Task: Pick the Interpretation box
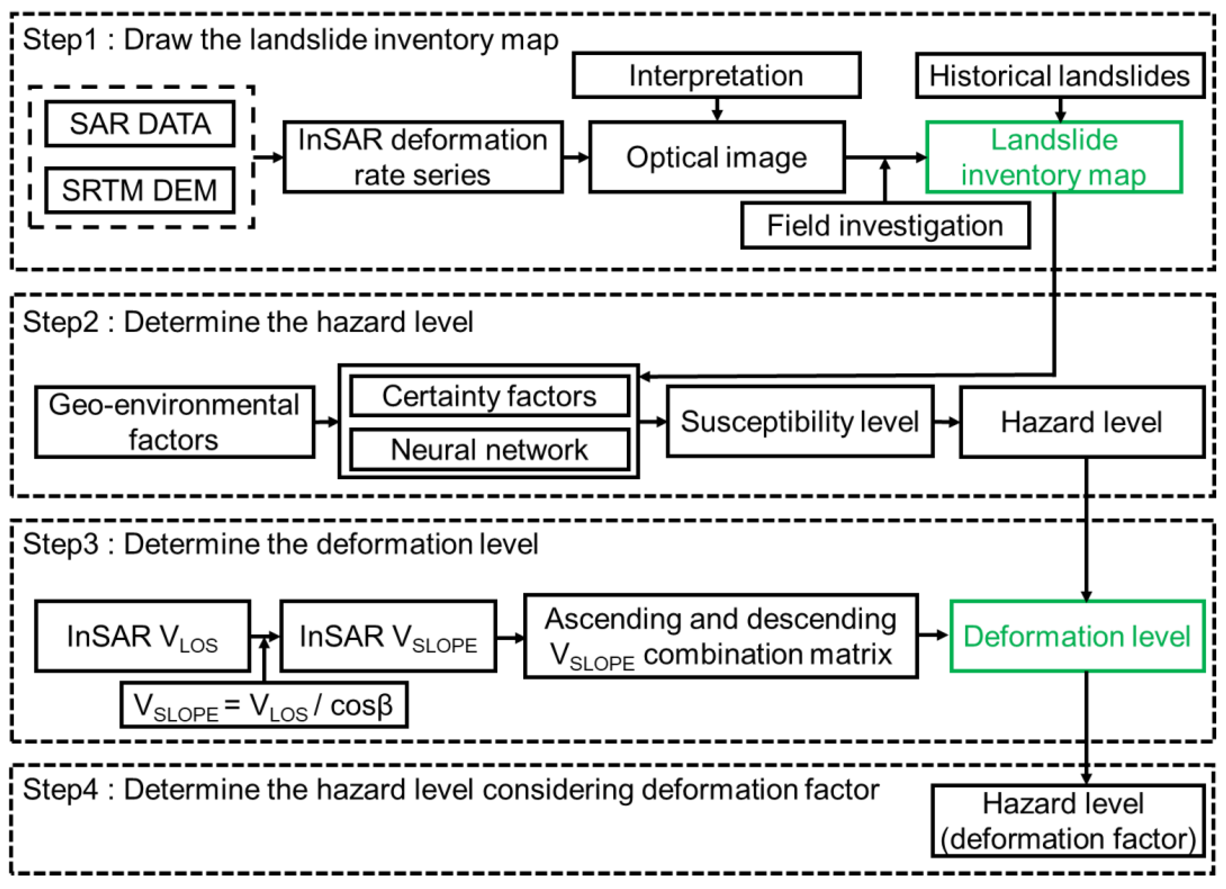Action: click(x=716, y=75)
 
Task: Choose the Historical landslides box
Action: click(x=1060, y=75)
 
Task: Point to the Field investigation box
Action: click(x=885, y=226)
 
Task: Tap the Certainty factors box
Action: click(x=489, y=396)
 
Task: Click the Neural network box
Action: click(x=489, y=449)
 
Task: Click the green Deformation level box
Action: click(x=1077, y=636)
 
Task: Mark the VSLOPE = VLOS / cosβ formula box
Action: click(x=264, y=705)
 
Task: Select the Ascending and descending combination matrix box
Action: click(x=721, y=636)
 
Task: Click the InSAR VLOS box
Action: click(x=143, y=636)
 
